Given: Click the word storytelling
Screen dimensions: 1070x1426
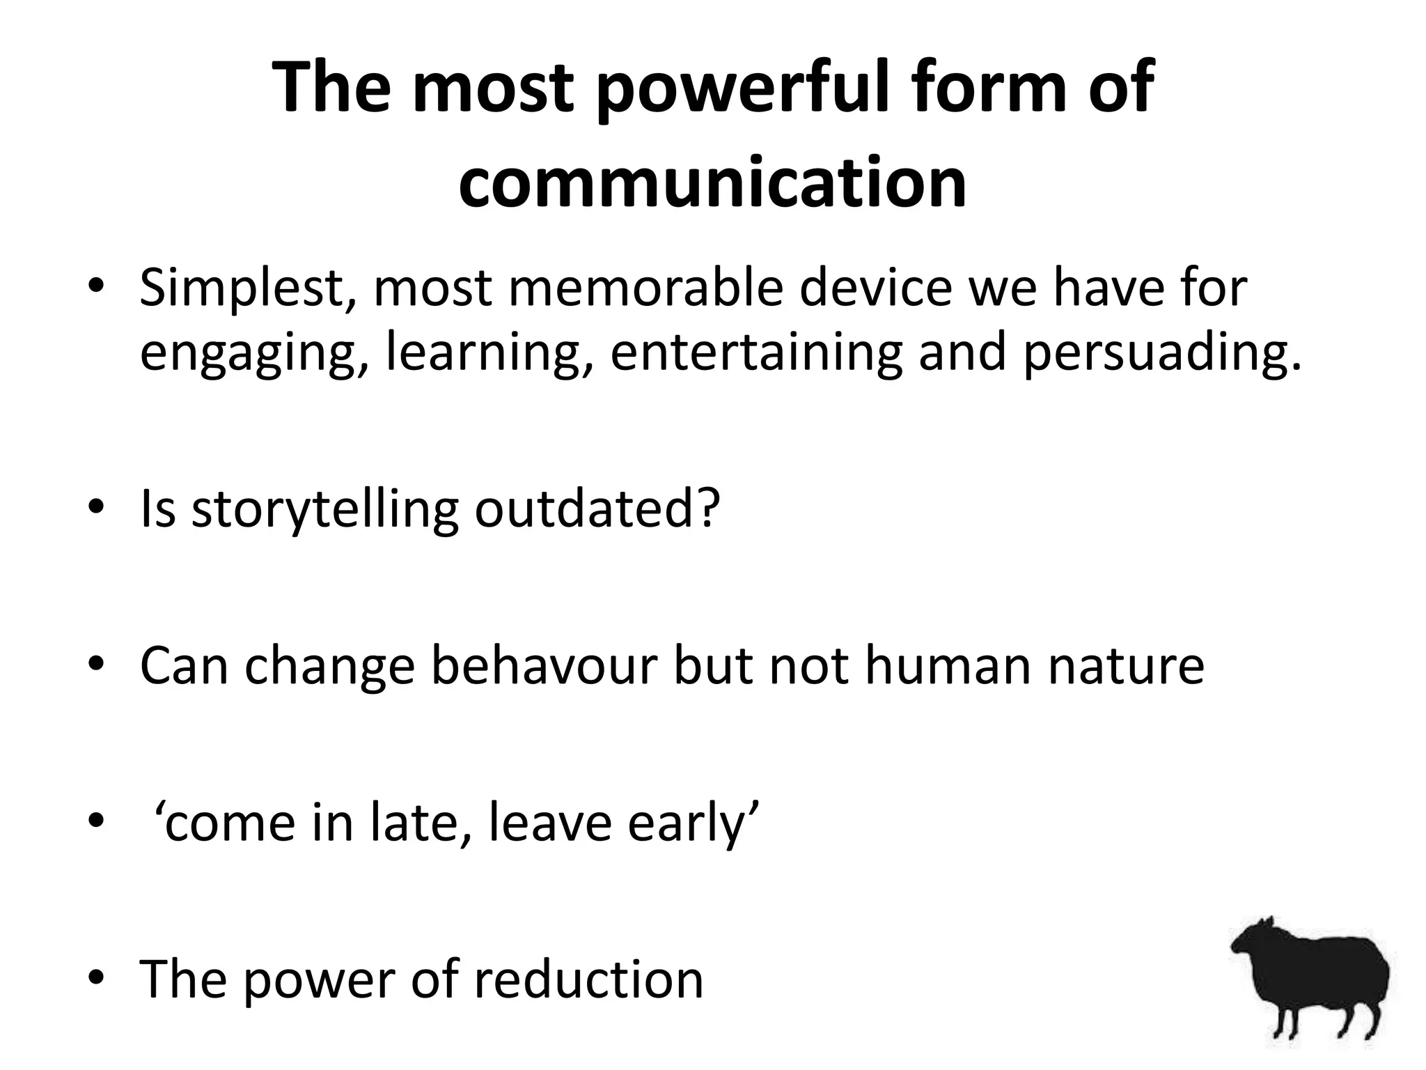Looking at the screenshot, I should (x=324, y=509).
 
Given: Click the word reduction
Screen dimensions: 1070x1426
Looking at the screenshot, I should (x=588, y=979).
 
